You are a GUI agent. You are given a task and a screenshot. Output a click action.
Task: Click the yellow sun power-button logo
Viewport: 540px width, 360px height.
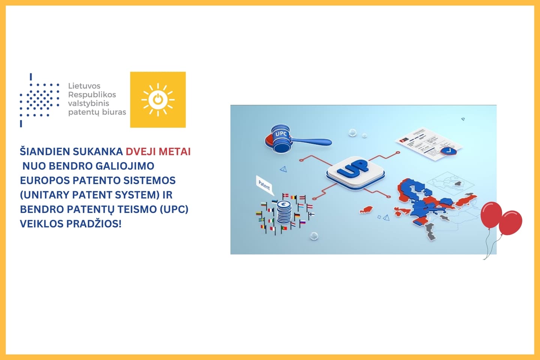158,99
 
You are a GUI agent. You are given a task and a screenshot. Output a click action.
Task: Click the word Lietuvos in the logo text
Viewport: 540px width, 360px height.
84,86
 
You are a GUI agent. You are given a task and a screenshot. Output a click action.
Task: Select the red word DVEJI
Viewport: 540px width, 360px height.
140,151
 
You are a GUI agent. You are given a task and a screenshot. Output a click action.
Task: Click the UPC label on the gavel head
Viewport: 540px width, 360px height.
281,134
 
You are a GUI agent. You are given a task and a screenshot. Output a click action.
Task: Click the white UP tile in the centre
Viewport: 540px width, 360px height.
355,171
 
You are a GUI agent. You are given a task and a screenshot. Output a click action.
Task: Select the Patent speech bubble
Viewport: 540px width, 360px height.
264,184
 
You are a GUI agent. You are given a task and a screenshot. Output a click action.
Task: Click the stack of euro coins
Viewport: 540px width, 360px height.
284,212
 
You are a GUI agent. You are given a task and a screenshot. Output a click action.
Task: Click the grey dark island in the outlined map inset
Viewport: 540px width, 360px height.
457,183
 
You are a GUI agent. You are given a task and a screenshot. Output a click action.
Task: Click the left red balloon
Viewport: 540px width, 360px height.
491,214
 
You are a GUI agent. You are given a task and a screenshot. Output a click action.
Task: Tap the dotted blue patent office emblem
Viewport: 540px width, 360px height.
39,100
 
